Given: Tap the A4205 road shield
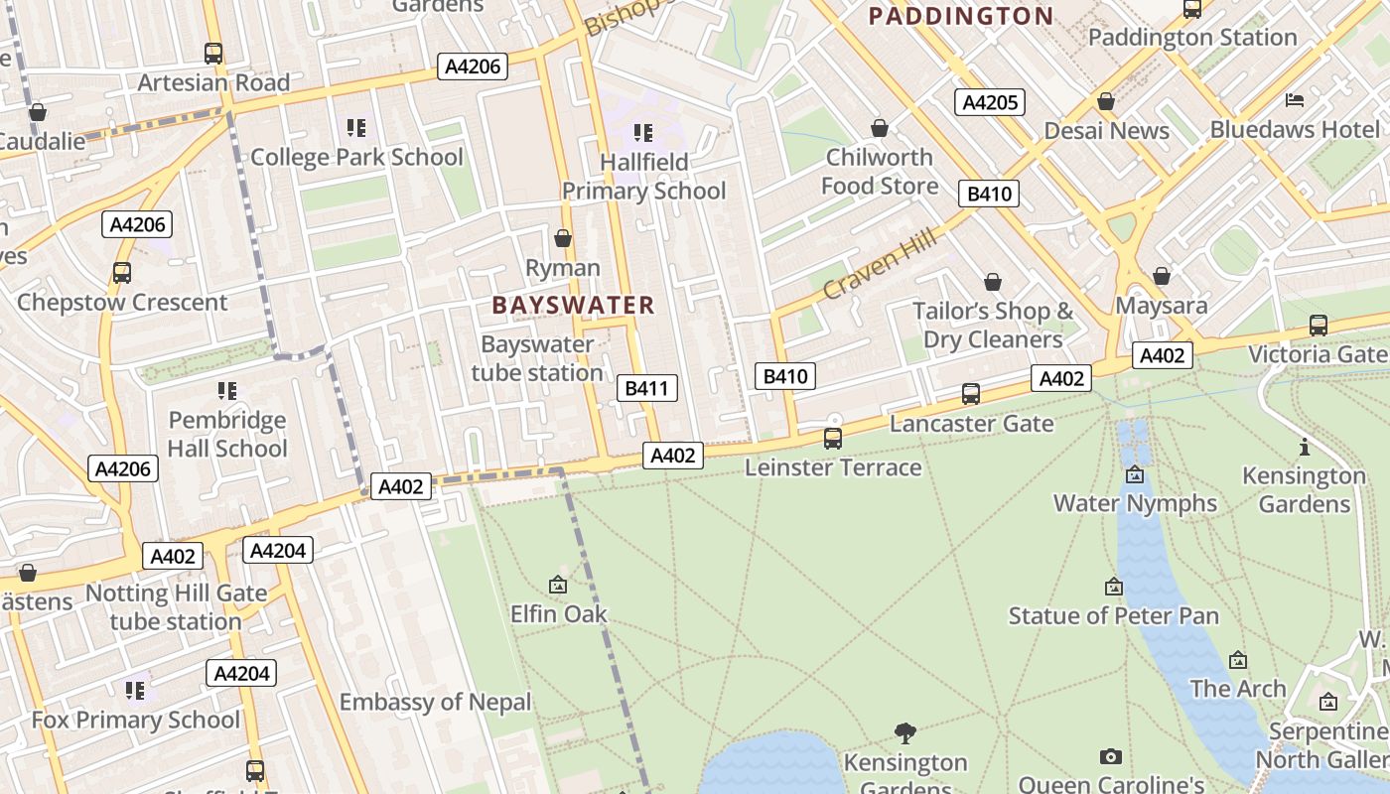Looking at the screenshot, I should [x=989, y=102].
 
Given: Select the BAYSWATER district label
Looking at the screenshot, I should [x=574, y=305].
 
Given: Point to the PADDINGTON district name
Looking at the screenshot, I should [x=960, y=16].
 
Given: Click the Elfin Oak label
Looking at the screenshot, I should [x=558, y=613].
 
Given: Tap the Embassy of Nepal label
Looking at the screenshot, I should [x=436, y=702].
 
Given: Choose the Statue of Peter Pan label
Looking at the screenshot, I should [x=1113, y=615].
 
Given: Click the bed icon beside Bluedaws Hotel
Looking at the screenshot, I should [x=1295, y=100].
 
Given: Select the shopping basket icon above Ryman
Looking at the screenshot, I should [x=563, y=239].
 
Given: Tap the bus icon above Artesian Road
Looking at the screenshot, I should [x=213, y=54].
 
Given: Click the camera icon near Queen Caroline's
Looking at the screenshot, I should [x=1111, y=757].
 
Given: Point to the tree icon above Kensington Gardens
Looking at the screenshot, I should [x=904, y=733].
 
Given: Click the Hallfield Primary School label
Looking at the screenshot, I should [x=644, y=176].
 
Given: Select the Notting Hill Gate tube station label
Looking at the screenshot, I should [x=176, y=607].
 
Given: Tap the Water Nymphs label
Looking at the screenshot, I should [x=1135, y=502].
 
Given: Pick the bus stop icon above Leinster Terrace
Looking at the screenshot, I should [x=833, y=439].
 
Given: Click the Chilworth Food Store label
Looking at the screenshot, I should [x=880, y=172].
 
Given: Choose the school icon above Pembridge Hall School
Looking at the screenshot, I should [x=227, y=391].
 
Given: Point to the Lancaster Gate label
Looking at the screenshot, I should [x=971, y=424].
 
